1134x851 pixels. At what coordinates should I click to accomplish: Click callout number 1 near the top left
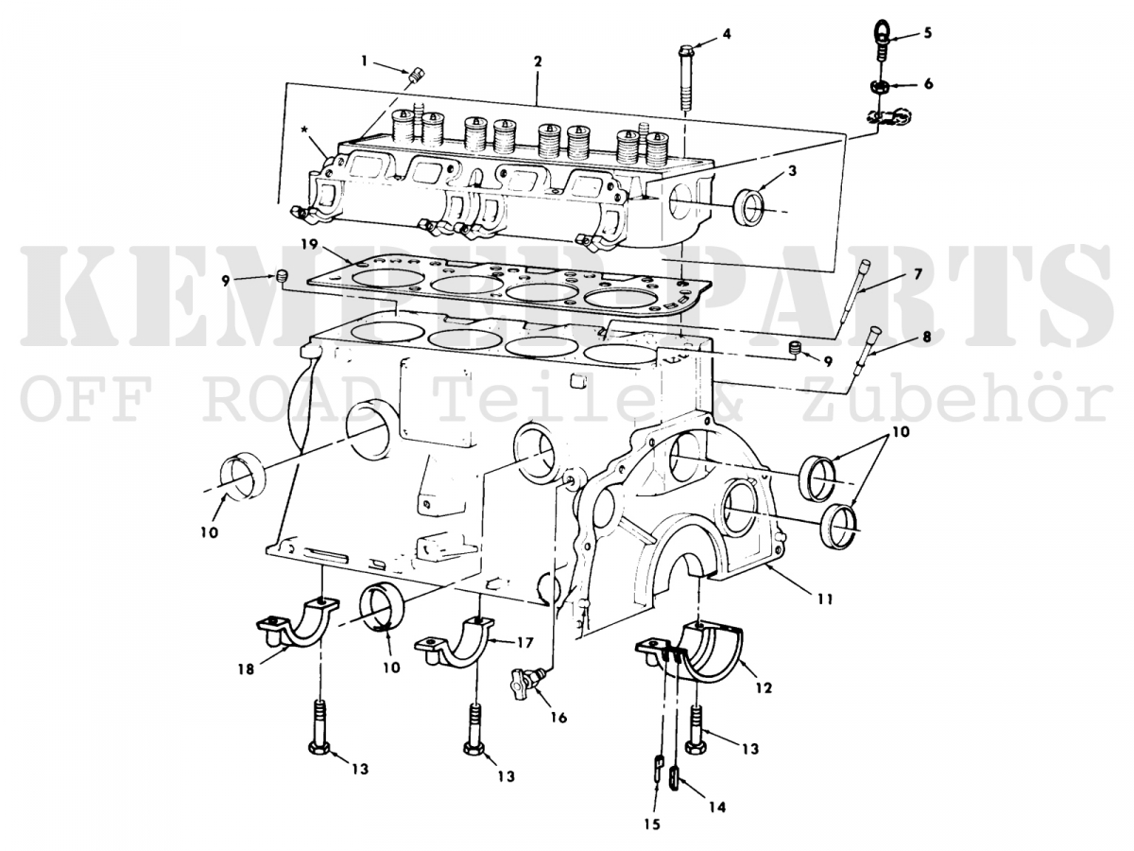tap(365, 61)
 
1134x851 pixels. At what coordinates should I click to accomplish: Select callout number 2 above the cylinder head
tap(537, 61)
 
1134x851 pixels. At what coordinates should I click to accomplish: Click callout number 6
tap(928, 83)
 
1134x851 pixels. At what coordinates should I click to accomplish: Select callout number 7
tap(916, 274)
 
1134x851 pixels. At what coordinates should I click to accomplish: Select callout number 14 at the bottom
tap(717, 808)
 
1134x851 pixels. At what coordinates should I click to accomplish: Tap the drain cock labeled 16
tap(525, 681)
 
